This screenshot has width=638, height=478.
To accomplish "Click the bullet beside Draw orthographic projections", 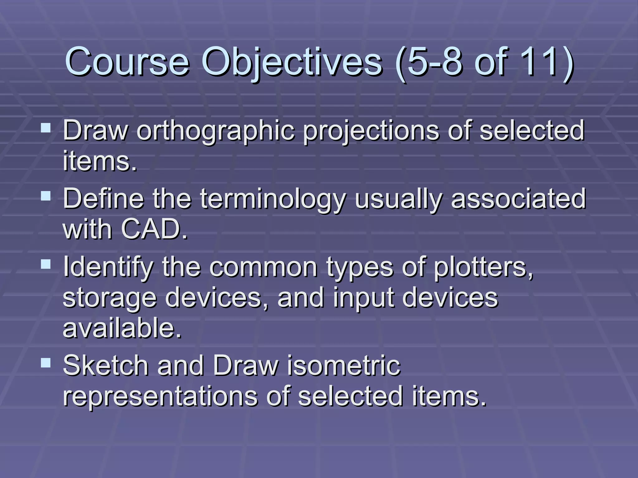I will point(46,128).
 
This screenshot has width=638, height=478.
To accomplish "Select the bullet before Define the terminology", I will point(46,196).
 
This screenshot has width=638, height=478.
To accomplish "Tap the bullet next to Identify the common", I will point(46,264).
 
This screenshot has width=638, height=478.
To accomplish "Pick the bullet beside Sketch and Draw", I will point(46,363).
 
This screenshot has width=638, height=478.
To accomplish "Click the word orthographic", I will point(216,131).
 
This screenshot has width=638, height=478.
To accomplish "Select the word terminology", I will point(273,199).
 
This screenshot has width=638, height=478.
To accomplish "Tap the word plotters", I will point(483,267).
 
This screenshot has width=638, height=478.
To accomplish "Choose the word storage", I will point(109,298).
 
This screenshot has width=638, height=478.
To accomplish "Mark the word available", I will point(122,328).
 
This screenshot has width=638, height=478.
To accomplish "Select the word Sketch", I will point(106,366).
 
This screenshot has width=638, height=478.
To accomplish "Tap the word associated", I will point(518,199).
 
